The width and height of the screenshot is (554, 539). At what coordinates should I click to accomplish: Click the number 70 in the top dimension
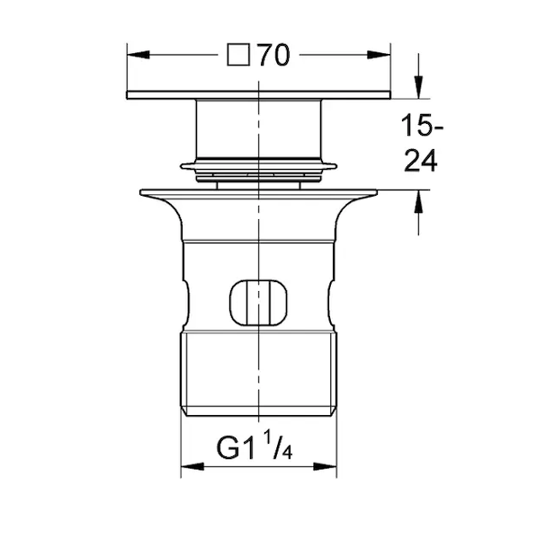pos(274,56)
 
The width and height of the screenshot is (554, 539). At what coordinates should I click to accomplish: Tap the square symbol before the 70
pos(238,55)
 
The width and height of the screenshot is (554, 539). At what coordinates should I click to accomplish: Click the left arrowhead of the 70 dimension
pos(138,55)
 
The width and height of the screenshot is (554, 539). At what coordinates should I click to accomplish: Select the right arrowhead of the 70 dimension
pos(379,55)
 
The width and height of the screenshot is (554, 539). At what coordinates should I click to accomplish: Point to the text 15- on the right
pos(422,125)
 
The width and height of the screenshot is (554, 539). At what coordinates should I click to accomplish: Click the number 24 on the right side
pos(421,161)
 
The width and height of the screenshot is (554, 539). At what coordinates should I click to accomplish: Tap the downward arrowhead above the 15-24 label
pos(419,87)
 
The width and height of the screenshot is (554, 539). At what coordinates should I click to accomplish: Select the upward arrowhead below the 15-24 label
pos(419,201)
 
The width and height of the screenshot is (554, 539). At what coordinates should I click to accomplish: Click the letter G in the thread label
pos(228,448)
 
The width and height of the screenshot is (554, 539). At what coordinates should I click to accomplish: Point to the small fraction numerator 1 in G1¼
pos(268,437)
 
